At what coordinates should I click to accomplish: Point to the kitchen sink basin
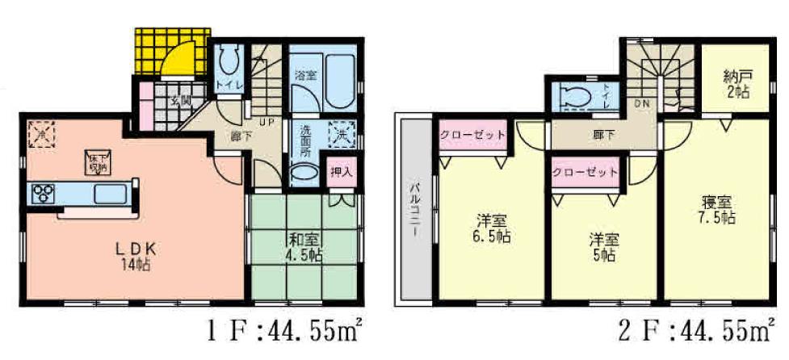106,195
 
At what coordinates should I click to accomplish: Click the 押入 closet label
342,172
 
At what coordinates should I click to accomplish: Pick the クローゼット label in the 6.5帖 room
473,135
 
